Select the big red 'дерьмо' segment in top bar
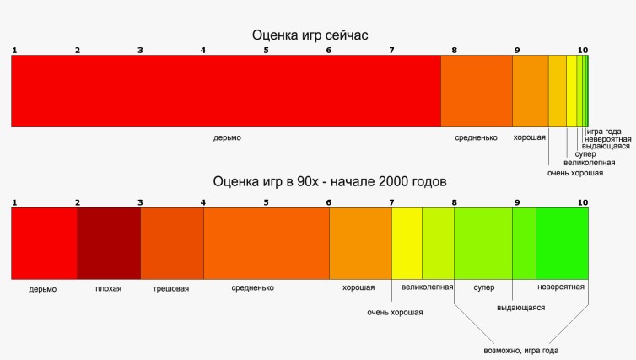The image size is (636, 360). [225, 91]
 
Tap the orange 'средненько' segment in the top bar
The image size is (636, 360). [477, 91]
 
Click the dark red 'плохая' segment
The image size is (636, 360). [109, 244]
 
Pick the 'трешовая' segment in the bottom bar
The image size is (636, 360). [172, 244]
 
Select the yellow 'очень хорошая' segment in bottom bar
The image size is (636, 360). [407, 244]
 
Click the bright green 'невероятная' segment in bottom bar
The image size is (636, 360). [562, 244]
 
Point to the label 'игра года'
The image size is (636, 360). [604, 131]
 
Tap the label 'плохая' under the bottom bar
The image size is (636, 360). [108, 288]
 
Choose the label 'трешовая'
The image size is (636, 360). [170, 288]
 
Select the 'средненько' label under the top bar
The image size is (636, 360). [476, 137]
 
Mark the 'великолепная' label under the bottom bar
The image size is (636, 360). [428, 287]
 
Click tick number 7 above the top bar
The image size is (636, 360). [391, 51]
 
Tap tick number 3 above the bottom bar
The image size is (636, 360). [140, 202]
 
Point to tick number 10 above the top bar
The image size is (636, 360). [583, 51]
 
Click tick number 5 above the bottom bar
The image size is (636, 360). [266, 202]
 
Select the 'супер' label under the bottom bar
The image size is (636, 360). [483, 287]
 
